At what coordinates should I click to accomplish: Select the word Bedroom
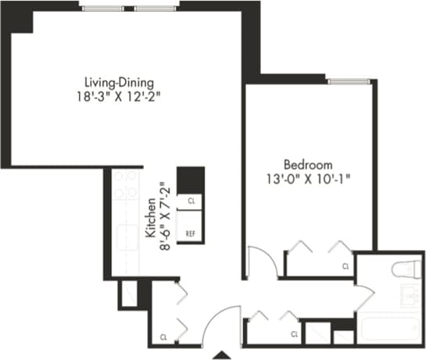point(308,165)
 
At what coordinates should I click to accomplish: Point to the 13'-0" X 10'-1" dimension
point(308,179)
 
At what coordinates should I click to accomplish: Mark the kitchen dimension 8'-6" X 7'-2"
point(163,215)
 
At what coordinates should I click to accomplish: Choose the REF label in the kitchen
point(190,233)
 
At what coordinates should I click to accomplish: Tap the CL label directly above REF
point(190,201)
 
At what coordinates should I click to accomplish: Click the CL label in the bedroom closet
point(345,266)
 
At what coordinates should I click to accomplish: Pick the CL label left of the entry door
point(163,337)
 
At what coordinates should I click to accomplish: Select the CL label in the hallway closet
point(295,334)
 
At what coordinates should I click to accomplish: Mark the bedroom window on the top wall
point(347,80)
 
